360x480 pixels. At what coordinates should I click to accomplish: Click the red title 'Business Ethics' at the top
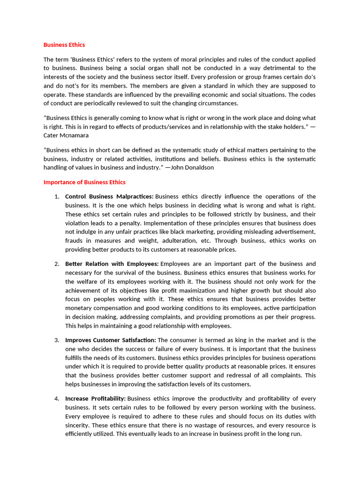pos(64,45)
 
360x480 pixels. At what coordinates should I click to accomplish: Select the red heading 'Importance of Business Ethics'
pos(84,182)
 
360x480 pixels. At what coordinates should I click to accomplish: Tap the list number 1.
pos(56,196)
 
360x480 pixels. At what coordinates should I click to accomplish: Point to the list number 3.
pos(56,340)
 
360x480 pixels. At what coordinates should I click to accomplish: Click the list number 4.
pos(56,398)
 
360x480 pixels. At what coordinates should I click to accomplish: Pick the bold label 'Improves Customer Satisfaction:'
pos(111,340)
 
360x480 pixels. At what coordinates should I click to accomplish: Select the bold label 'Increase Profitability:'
pos(95,398)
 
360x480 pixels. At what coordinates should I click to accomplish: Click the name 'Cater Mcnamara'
pos(66,135)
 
